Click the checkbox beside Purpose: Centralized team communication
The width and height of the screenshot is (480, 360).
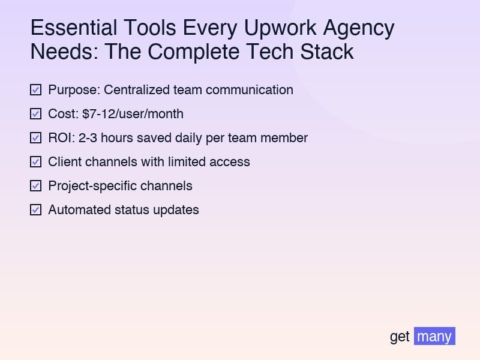pos(35,90)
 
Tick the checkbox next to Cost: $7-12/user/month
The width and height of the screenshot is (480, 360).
pos(35,114)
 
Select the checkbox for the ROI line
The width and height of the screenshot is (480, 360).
pos(35,138)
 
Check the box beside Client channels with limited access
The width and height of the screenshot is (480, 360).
pos(35,162)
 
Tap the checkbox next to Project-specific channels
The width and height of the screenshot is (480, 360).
pos(35,186)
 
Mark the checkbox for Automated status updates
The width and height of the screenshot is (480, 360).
pos(35,210)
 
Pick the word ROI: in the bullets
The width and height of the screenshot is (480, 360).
pos(61,138)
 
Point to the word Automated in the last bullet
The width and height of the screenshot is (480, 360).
pos(77,210)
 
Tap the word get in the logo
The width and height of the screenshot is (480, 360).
pos(400,337)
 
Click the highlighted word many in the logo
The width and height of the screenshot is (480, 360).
pos(434,337)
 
